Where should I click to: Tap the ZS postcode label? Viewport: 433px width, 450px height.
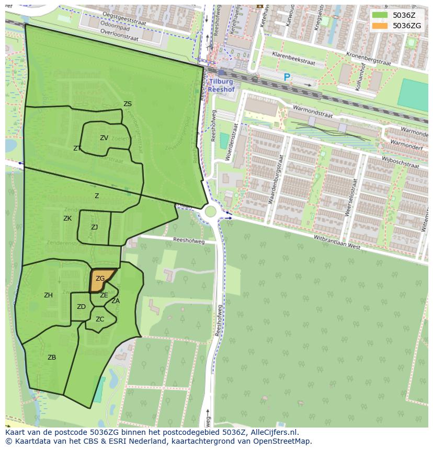pos(128,104)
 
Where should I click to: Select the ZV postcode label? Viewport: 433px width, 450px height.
pos(104,138)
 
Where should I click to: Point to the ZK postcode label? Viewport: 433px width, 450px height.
pos(67,218)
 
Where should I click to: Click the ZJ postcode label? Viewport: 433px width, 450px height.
pos(94,227)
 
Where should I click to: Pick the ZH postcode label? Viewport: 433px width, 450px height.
pos(48,295)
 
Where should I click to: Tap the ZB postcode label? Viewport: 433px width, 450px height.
pos(52,357)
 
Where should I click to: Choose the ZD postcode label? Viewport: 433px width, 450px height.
pos(81,307)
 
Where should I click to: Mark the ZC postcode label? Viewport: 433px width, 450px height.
pos(100,319)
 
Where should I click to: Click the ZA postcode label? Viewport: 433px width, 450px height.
pos(116,301)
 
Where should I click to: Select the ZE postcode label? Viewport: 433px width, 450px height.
pos(104,295)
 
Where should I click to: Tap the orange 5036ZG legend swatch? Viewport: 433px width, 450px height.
pos(380,26)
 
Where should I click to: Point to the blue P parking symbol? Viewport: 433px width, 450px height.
pos(287,77)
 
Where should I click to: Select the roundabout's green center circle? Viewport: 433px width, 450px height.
pos(211,212)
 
